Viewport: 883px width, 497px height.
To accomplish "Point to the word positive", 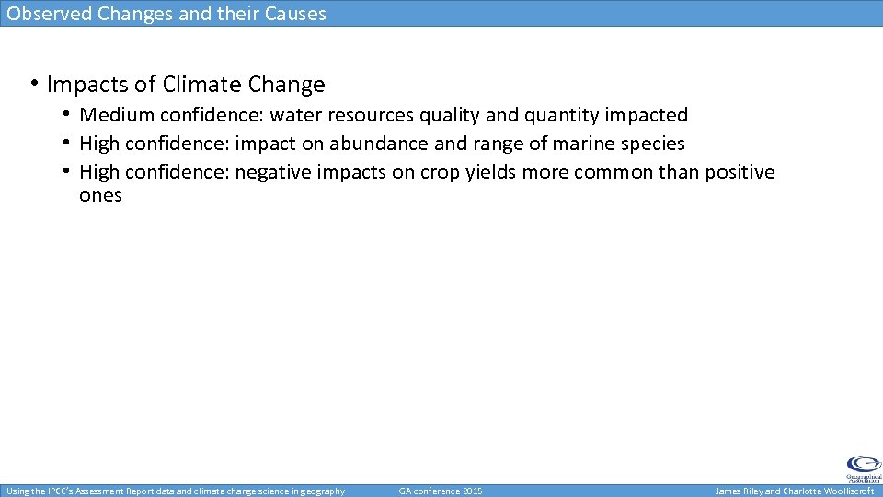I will coord(740,172).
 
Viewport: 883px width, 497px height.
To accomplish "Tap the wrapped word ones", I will coord(100,195).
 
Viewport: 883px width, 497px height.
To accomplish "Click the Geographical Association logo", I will coord(863,468).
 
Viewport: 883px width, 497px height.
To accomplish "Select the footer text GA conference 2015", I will coord(441,491).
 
